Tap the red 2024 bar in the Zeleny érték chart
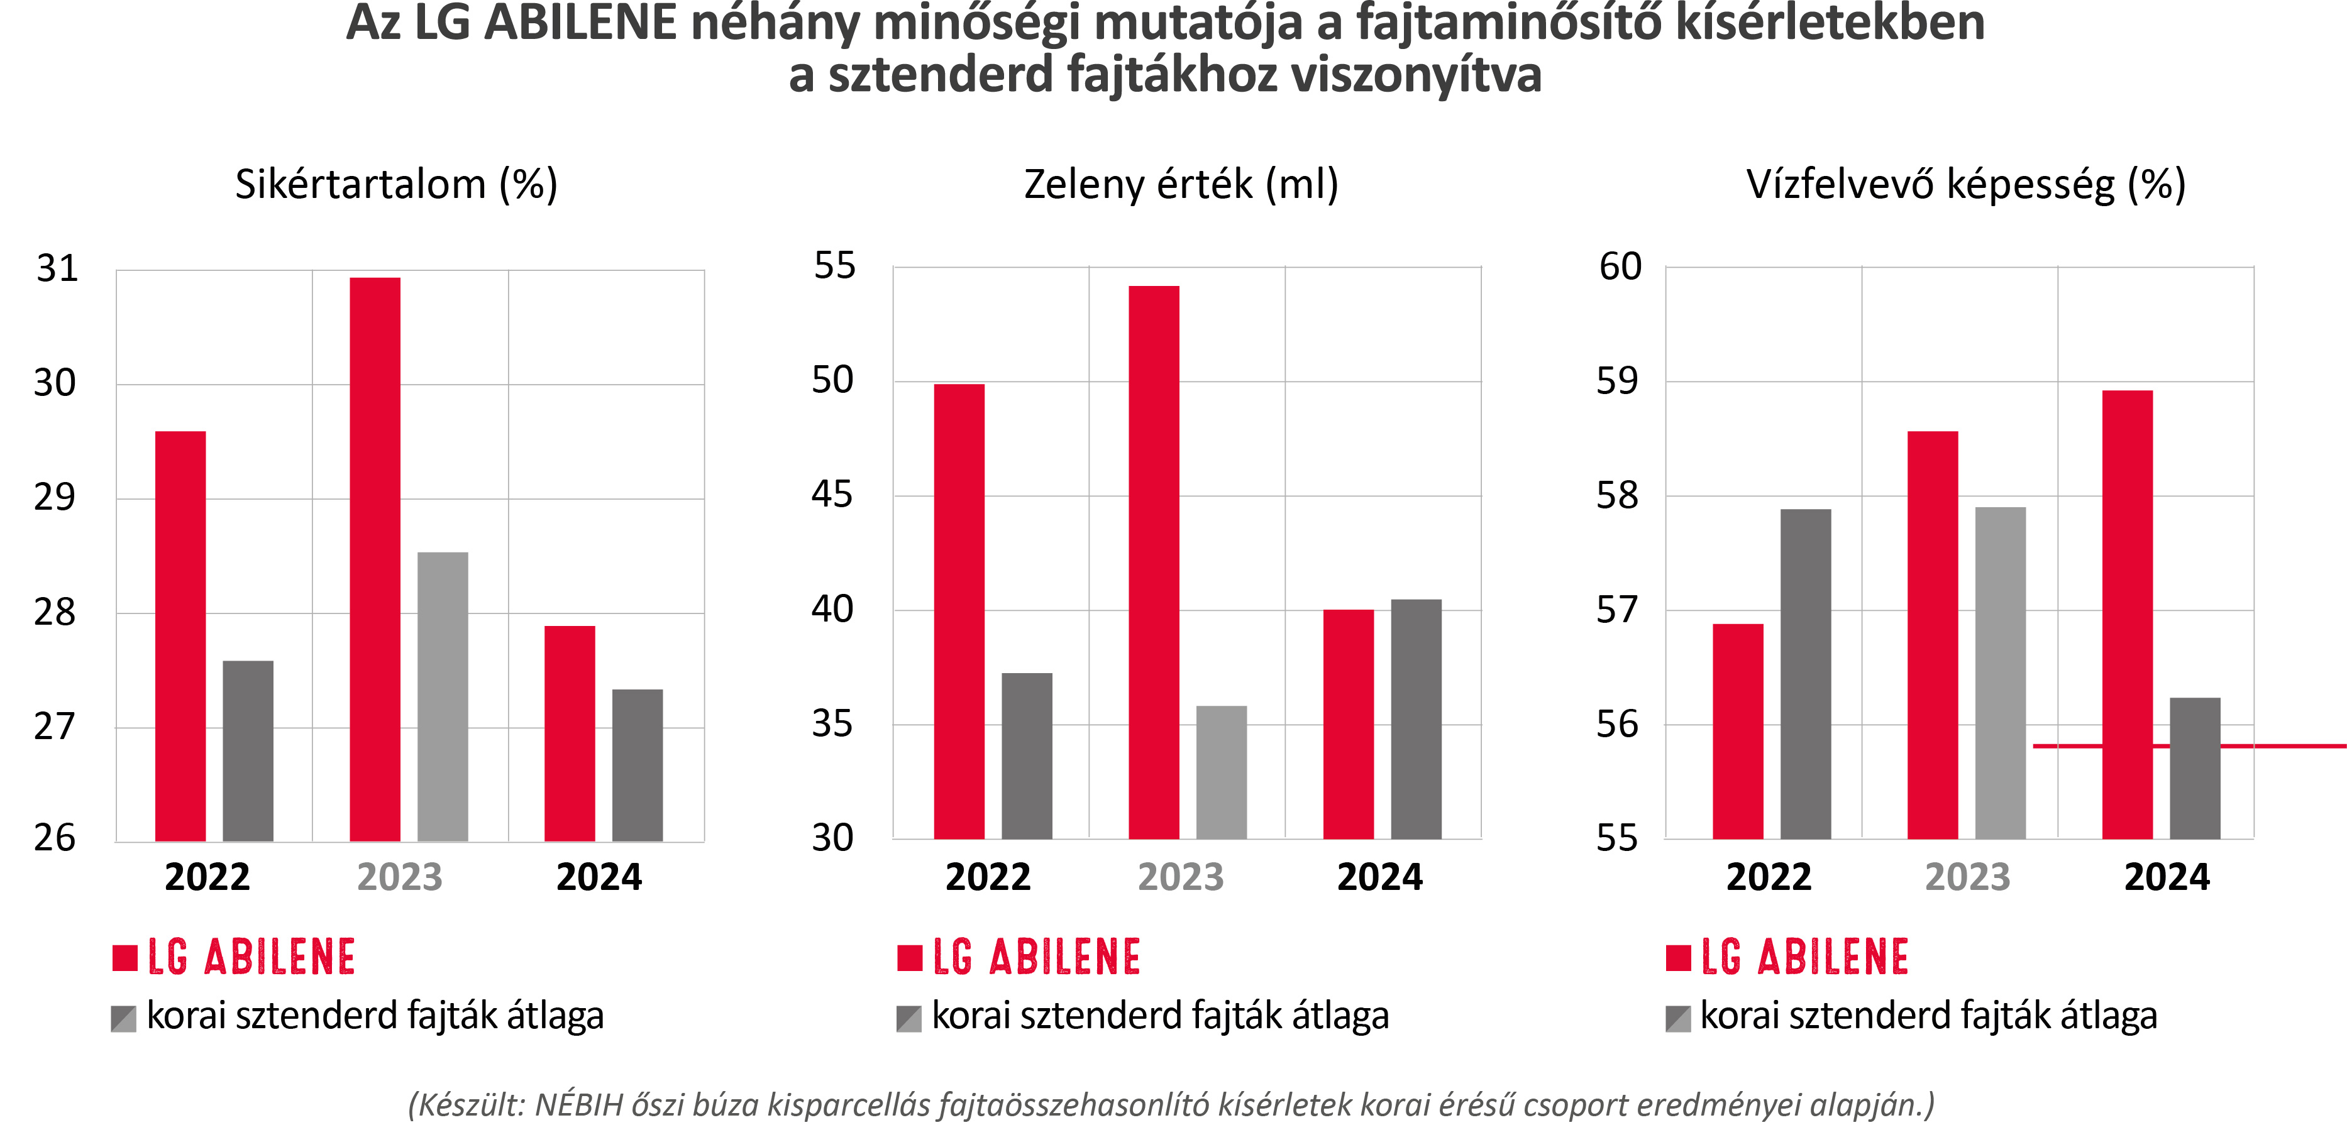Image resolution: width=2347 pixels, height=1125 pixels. click(x=1349, y=724)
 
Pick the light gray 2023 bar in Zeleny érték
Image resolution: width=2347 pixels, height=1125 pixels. click(x=1221, y=772)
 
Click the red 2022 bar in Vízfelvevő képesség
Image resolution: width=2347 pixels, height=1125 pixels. click(x=1738, y=732)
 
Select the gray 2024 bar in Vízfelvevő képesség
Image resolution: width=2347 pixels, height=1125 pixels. click(x=2195, y=768)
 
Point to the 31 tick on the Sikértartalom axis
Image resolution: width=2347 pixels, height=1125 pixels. click(x=57, y=269)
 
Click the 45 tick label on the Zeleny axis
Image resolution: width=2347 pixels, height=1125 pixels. click(x=832, y=495)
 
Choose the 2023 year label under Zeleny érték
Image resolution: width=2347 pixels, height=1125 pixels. click(x=1181, y=877)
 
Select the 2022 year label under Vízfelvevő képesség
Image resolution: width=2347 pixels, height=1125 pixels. click(x=1769, y=877)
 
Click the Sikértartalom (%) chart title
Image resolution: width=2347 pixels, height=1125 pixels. click(x=396, y=185)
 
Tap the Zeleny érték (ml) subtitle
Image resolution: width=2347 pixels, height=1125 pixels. click(x=1181, y=185)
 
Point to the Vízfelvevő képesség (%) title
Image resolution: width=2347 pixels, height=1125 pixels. click(x=1966, y=185)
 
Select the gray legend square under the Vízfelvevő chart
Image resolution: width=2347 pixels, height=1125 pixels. click(x=1677, y=1018)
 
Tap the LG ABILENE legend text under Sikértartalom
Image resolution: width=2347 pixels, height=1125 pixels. click(x=251, y=957)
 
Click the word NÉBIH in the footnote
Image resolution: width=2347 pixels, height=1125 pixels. click(x=578, y=1105)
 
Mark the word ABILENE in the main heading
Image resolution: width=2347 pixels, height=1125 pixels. click(x=580, y=24)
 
